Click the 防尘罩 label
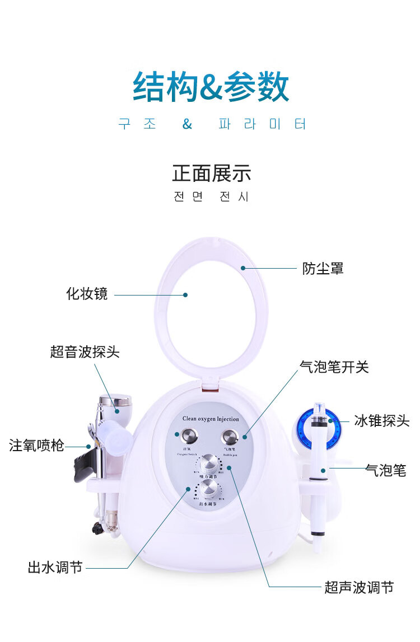click(x=323, y=269)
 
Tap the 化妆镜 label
click(x=87, y=294)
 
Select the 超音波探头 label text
click(x=85, y=352)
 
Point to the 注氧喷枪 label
click(x=36, y=446)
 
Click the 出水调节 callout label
click(x=55, y=567)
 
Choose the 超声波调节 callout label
click(x=359, y=587)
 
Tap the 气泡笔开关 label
click(x=334, y=367)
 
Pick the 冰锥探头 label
click(x=382, y=421)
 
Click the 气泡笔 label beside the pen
click(x=385, y=470)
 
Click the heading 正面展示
click(x=211, y=174)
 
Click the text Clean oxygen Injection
click(x=211, y=419)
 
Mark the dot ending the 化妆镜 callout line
click(x=185, y=294)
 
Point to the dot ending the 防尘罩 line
click(x=243, y=268)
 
